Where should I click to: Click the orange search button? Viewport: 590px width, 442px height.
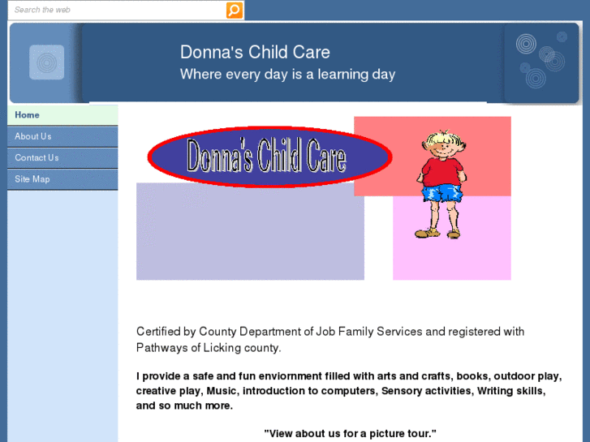[x=234, y=10]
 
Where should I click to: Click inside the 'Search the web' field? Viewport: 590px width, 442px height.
[x=114, y=10]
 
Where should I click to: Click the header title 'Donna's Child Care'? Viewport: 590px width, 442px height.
[x=255, y=53]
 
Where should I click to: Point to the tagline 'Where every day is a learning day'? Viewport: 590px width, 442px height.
[x=287, y=75]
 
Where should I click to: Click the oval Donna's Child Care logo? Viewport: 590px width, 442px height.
[x=269, y=157]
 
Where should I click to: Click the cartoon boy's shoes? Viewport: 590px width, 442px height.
[x=438, y=234]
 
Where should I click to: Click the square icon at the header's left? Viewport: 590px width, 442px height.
[x=46, y=62]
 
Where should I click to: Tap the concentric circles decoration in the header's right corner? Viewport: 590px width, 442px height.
[x=537, y=61]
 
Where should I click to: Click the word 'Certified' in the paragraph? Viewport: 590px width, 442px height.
[x=157, y=331]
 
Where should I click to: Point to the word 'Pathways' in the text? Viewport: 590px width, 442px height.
[x=160, y=347]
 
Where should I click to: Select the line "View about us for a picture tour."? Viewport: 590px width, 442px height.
[x=350, y=433]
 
